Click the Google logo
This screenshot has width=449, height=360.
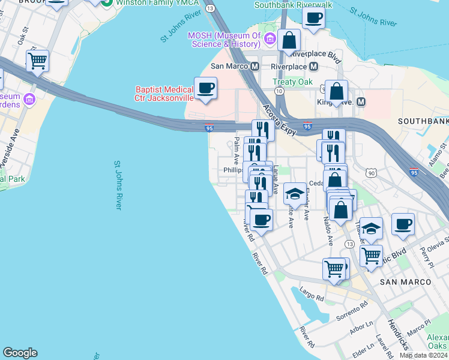coord(20,353)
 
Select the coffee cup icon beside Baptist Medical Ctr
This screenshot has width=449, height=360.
coord(205,88)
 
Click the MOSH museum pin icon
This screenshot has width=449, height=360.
coord(270,40)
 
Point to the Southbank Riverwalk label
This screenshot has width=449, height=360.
coord(294,5)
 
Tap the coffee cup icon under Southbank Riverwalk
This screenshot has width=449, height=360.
coord(313,18)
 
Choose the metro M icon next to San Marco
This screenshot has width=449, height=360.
coord(255,66)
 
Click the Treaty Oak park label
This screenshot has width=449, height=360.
coord(292,82)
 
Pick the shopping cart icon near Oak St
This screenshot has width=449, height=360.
coord(37,61)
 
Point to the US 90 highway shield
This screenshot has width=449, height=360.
coord(372,173)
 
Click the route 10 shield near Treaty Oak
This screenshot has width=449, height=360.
coord(279,91)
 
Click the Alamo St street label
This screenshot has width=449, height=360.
coord(439,155)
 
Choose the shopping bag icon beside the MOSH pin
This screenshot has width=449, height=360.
coord(289,40)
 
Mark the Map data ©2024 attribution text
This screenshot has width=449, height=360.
coord(423,355)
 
